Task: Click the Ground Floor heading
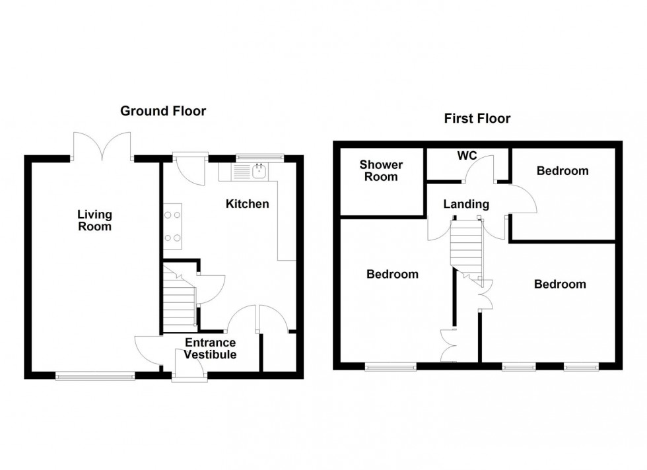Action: pyautogui.click(x=162, y=111)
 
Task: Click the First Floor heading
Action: pyautogui.click(x=477, y=119)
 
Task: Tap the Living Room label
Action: pyautogui.click(x=94, y=220)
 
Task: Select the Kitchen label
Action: pyautogui.click(x=248, y=204)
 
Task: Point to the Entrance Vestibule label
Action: pyautogui.click(x=210, y=349)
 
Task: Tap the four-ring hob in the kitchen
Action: pyautogui.click(x=173, y=226)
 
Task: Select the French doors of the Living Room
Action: pyautogui.click(x=102, y=147)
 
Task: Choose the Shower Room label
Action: pyautogui.click(x=381, y=170)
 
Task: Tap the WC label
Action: pyautogui.click(x=467, y=156)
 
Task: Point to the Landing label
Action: pyautogui.click(x=466, y=205)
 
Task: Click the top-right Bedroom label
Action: pyautogui.click(x=562, y=171)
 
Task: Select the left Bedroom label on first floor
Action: pyautogui.click(x=392, y=274)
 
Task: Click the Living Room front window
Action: pyautogui.click(x=95, y=376)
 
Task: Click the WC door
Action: pyautogui.click(x=478, y=173)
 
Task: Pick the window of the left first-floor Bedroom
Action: pyautogui.click(x=391, y=366)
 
